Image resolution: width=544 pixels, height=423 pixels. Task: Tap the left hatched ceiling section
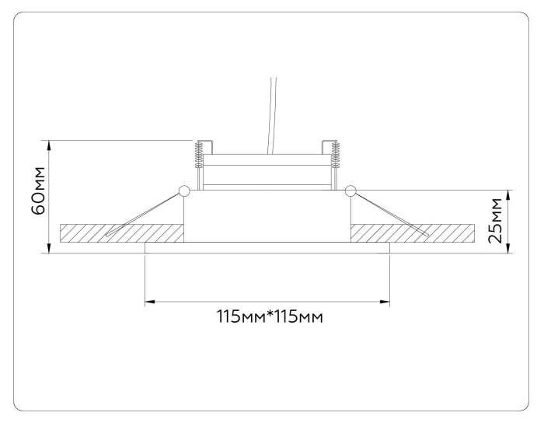[120, 232]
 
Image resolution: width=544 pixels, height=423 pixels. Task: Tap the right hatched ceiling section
[413, 232]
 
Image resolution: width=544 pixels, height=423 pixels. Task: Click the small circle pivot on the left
[184, 191]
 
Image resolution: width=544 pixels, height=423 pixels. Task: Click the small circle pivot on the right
[350, 191]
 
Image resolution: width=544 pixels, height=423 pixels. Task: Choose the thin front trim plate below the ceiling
[267, 247]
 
